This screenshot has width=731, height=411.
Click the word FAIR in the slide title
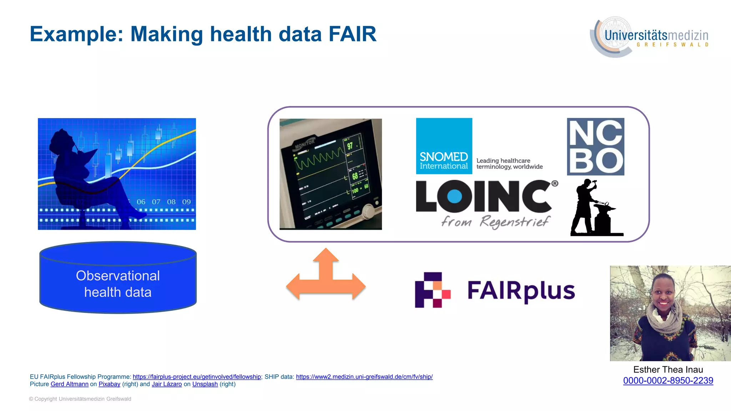tap(352, 34)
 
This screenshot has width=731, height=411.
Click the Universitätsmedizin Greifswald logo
tap(650, 37)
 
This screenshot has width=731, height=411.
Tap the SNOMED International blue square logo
tap(444, 146)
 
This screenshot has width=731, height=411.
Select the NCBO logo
tap(595, 147)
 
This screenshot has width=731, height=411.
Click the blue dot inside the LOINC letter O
tap(454, 196)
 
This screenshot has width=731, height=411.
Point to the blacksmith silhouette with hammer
tap(594, 208)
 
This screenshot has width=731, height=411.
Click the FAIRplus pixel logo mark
tap(433, 290)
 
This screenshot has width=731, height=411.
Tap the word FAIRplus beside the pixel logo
tap(521, 291)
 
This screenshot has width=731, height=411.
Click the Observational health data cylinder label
tap(118, 284)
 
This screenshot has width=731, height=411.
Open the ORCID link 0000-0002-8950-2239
tap(668, 381)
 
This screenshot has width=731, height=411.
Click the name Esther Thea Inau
tap(668, 370)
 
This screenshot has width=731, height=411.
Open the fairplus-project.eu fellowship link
tap(197, 377)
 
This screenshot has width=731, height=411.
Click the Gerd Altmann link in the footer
tap(70, 384)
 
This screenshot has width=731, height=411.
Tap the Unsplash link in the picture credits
tap(205, 384)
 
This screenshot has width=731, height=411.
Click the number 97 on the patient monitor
tap(350, 146)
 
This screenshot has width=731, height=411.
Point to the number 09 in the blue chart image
tap(186, 202)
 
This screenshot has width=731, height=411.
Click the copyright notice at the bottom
tap(80, 399)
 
